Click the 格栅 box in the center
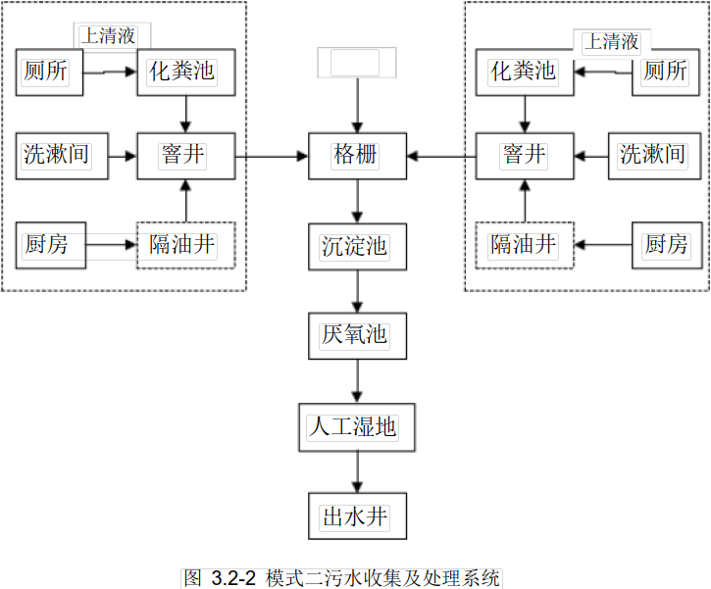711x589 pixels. [356, 155]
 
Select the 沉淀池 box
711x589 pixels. [356, 245]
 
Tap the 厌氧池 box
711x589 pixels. [356, 336]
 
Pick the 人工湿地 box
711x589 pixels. [356, 426]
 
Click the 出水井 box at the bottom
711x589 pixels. [356, 516]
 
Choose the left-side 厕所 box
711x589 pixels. [49, 72]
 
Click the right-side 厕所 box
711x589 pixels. [666, 72]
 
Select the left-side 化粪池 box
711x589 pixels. [184, 72]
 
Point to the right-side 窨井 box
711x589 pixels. [525, 155]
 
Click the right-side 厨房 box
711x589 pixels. [666, 244]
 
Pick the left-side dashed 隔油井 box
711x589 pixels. [184, 244]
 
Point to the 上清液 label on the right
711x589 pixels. [611, 41]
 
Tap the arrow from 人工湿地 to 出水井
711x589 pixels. [356, 471]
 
